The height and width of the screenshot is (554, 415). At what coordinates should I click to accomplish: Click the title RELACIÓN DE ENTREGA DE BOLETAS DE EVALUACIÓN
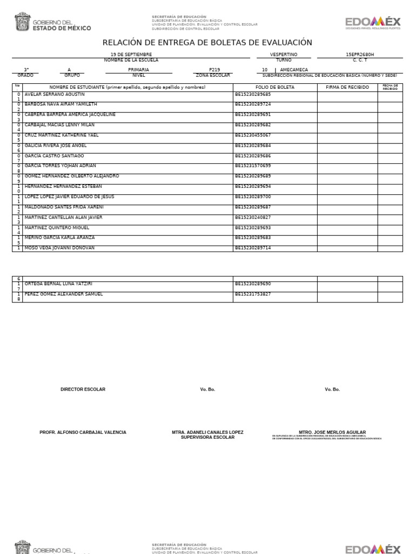click(207, 43)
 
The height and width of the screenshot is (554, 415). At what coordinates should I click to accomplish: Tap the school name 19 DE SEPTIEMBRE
click(131, 55)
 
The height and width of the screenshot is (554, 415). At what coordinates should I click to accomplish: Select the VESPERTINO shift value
click(284, 55)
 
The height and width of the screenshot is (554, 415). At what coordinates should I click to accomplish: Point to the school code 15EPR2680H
click(359, 55)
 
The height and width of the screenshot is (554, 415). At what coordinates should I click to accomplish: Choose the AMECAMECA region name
click(294, 70)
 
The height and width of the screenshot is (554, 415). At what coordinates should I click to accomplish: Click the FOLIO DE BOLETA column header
click(275, 87)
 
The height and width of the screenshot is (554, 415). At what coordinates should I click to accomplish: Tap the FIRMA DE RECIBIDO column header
click(347, 87)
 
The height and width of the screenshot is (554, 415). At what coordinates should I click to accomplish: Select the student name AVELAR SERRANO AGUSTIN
click(55, 94)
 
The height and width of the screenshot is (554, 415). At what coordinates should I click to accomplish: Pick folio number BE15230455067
click(253, 135)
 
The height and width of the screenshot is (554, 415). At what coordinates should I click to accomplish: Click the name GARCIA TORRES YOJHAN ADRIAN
click(61, 166)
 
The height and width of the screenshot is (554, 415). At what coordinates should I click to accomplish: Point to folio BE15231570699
click(253, 166)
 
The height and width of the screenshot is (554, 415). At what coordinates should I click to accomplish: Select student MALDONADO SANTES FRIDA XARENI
click(64, 207)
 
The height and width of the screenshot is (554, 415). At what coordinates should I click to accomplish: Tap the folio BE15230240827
click(253, 217)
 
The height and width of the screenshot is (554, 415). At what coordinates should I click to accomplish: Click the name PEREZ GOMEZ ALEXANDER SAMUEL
click(64, 294)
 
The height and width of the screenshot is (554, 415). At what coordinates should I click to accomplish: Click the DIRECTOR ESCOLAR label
click(83, 390)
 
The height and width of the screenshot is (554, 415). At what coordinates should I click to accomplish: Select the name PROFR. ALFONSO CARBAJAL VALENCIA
click(83, 433)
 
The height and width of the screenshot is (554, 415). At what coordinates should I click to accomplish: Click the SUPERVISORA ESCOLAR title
click(207, 437)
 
